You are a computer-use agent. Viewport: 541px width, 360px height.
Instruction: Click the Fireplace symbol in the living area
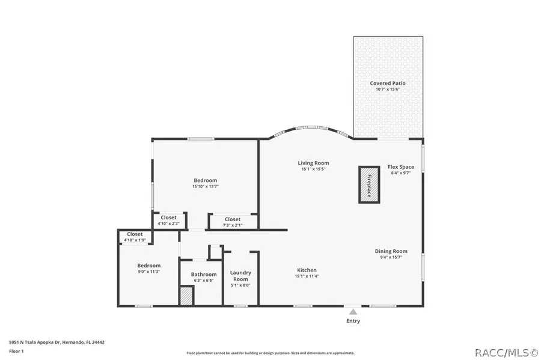click(x=369, y=185)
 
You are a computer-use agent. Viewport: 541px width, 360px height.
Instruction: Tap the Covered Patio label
click(x=388, y=83)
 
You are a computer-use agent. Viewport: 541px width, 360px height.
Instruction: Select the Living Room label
click(x=314, y=163)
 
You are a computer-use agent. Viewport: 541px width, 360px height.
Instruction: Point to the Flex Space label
click(x=400, y=166)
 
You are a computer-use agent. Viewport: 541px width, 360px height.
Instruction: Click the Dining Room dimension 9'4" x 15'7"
click(x=391, y=257)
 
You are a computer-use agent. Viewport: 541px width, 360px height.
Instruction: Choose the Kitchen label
click(x=307, y=270)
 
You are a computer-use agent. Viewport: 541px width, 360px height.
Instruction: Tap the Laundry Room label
click(x=240, y=276)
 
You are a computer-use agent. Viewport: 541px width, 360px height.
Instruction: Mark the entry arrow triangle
click(x=353, y=311)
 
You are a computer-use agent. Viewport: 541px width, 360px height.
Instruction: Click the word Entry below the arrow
click(x=353, y=321)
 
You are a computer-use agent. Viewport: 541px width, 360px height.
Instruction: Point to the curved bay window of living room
click(x=311, y=128)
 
